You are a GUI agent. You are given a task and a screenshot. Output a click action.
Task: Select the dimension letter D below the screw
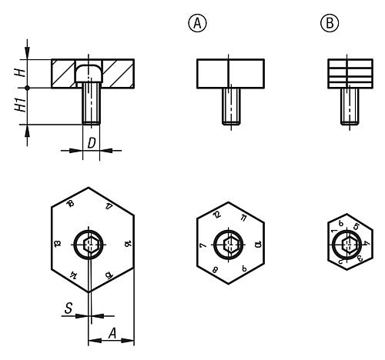tap(92, 143)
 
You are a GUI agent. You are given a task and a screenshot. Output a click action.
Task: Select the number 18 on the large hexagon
tap(70, 204)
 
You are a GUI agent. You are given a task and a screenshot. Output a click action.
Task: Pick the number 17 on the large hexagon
tap(109, 205)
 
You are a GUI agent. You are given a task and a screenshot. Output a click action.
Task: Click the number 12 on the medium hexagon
tap(217, 215)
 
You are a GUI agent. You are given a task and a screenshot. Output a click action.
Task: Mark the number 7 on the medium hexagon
tap(202, 244)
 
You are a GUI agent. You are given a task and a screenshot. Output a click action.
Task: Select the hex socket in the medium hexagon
tap(228, 245)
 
